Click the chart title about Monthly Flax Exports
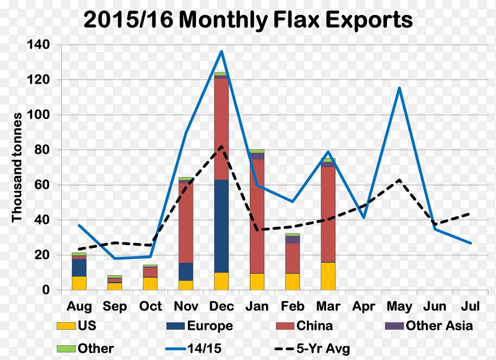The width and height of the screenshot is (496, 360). pyautogui.click(x=248, y=20)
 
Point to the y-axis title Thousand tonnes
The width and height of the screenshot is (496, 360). pyautogui.click(x=17, y=167)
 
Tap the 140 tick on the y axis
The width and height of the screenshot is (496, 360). pyautogui.click(x=42, y=45)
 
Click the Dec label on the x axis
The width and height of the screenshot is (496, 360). pyautogui.click(x=221, y=306)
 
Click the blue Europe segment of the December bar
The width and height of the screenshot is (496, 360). pyautogui.click(x=221, y=226)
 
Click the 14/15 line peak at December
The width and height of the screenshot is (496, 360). pyautogui.click(x=221, y=51)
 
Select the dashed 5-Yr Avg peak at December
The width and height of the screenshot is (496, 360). pyautogui.click(x=221, y=147)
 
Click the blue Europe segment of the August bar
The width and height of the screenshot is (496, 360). pyautogui.click(x=79, y=267)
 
